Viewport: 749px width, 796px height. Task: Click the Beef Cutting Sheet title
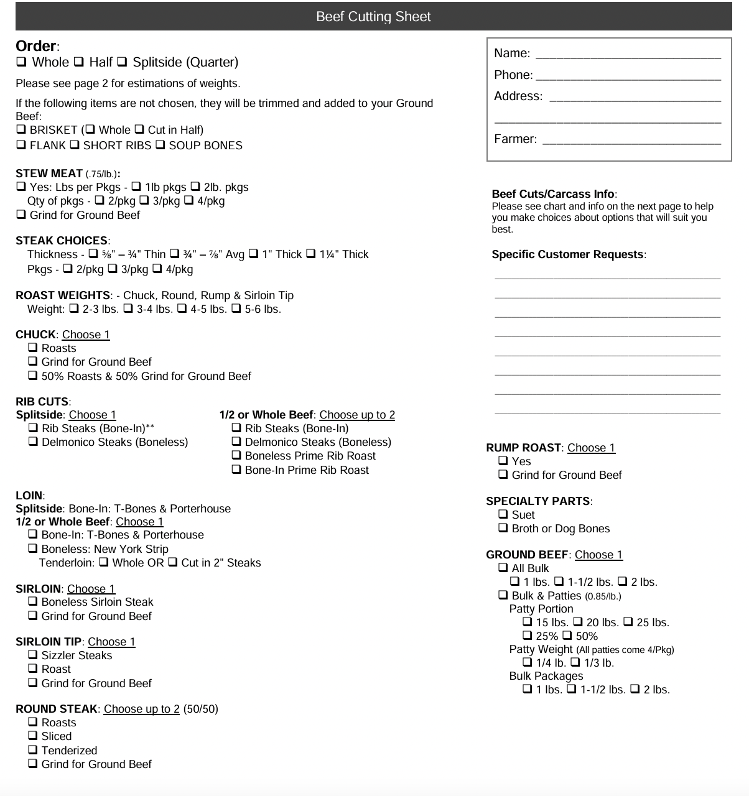[373, 17]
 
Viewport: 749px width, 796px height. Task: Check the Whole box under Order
[22, 62]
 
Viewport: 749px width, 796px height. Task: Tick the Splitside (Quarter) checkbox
[123, 62]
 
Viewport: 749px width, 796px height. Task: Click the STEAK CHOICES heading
[62, 241]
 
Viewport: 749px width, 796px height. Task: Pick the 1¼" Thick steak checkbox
[311, 254]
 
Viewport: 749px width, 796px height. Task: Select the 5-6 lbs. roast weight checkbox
[236, 309]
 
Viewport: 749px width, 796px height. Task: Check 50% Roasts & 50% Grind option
[33, 376]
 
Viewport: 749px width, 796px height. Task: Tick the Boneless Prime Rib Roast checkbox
[236, 456]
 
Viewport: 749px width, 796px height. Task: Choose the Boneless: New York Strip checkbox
[33, 549]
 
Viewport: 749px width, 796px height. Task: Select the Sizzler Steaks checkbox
[33, 655]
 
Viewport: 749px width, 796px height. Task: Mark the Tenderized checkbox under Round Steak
[33, 751]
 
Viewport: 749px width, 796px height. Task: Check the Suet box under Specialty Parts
[503, 515]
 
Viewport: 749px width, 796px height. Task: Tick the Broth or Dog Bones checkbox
[503, 529]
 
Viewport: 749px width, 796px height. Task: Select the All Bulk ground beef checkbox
[503, 568]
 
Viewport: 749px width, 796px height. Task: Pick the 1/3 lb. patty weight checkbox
[575, 663]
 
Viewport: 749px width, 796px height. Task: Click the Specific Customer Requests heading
[568, 254]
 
